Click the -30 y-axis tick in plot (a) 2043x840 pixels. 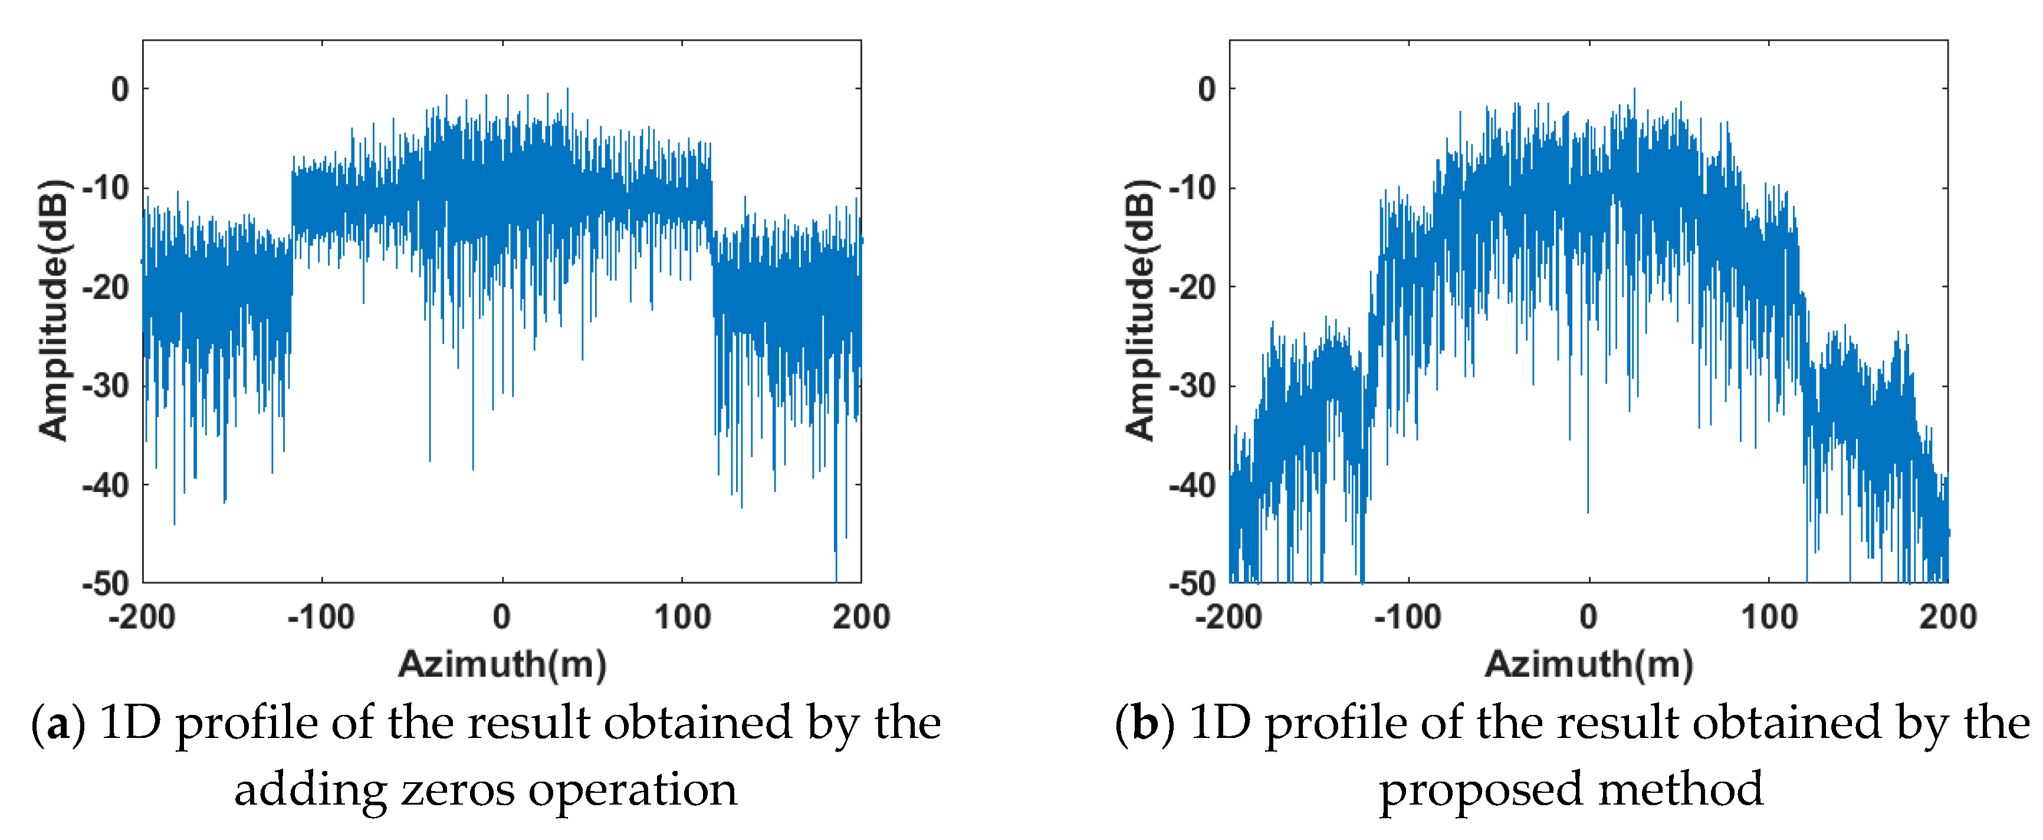106,386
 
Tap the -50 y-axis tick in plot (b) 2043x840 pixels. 1192,584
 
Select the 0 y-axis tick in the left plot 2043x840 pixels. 120,90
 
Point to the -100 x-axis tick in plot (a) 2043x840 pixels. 321,617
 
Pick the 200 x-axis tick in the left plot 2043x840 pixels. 861,617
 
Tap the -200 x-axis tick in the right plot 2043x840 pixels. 1229,617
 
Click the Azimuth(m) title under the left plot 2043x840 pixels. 502,664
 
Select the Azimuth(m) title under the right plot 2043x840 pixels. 1588,664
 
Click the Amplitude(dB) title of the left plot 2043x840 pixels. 54,310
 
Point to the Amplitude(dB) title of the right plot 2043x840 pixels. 1141,310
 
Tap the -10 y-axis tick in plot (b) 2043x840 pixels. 1192,189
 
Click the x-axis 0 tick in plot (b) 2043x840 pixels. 1588,617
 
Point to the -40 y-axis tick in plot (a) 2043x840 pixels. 106,485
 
